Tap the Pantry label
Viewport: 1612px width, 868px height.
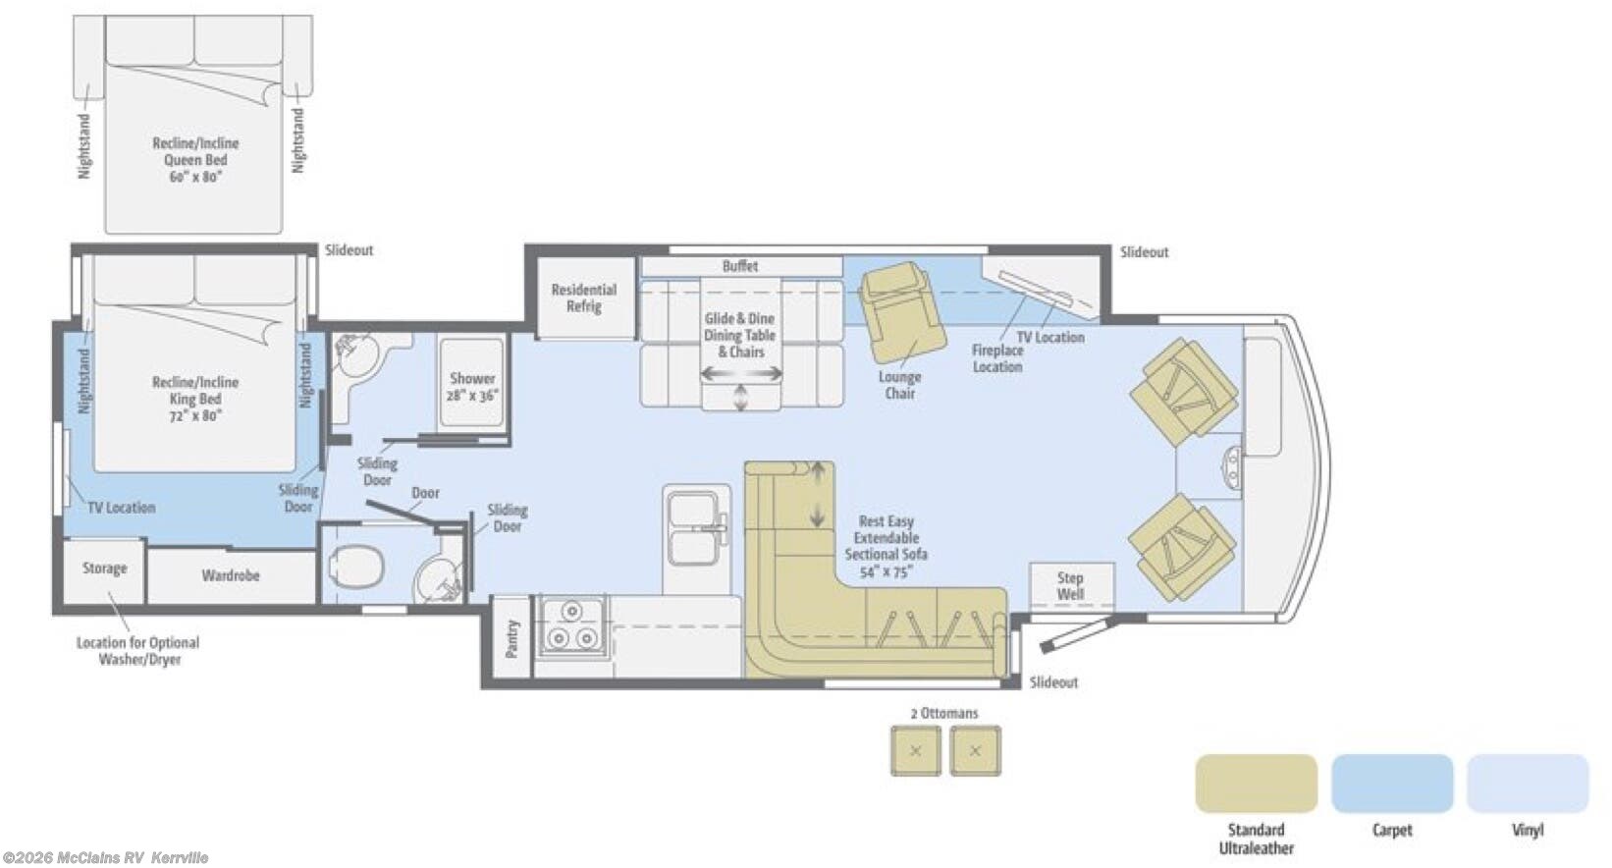coord(511,638)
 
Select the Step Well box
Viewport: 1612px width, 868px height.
coord(1071,585)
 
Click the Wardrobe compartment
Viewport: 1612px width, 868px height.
coord(231,575)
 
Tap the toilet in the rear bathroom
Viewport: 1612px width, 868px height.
coord(355,567)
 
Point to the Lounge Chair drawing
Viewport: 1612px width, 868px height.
coord(904,312)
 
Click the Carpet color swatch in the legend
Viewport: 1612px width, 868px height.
coord(1392,784)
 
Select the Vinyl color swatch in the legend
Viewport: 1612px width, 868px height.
coord(1528,784)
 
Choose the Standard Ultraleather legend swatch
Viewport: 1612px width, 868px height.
coord(1257,784)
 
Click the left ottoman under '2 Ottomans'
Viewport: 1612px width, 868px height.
coord(915,751)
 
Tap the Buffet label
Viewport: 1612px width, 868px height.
coord(740,266)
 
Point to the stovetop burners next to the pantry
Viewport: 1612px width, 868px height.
coord(572,626)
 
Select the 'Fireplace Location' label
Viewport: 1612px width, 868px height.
coord(996,358)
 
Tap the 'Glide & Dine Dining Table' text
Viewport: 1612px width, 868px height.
coord(740,327)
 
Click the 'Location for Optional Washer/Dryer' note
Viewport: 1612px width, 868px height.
coord(138,651)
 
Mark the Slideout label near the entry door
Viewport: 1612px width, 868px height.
coord(1053,682)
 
